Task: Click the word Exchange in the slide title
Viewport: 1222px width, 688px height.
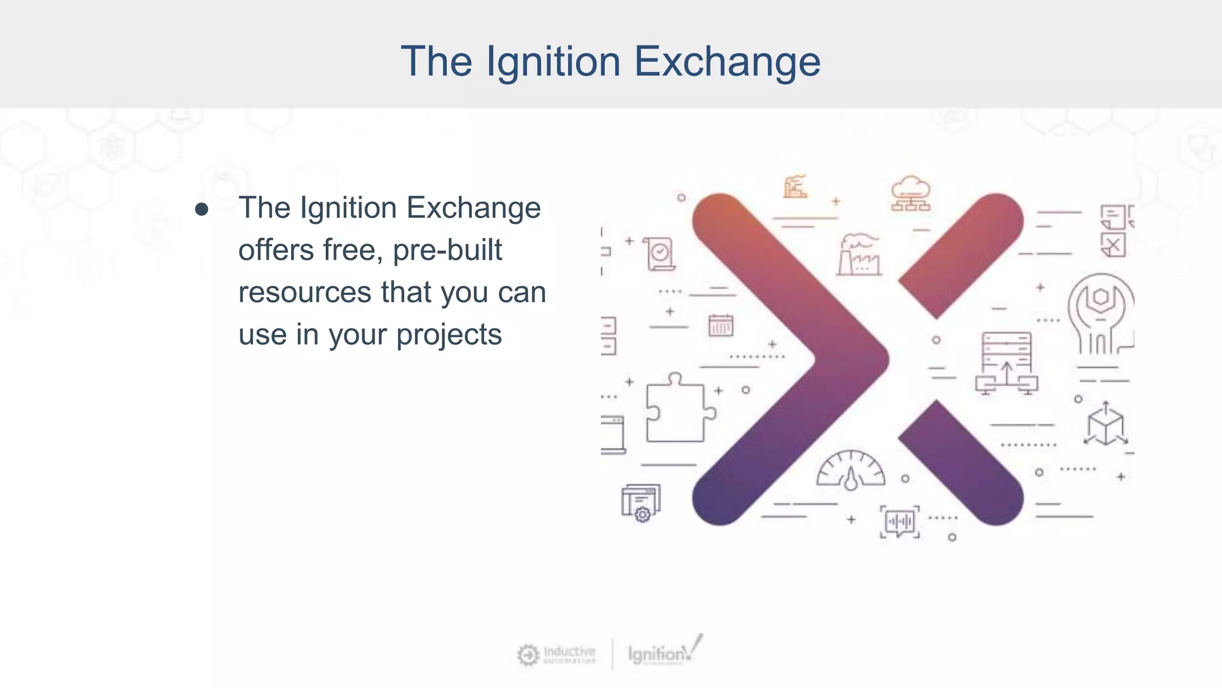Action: [x=727, y=62]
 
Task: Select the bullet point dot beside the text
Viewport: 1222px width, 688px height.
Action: [x=202, y=210]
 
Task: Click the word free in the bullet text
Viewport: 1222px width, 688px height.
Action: [x=352, y=250]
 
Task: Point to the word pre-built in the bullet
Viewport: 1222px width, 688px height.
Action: [x=448, y=250]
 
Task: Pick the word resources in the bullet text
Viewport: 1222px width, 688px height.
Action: [x=305, y=292]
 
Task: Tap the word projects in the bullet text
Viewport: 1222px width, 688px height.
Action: [x=449, y=334]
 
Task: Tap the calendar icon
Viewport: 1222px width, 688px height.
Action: [x=721, y=325]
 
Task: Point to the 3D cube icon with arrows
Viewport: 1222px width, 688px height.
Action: [x=1106, y=425]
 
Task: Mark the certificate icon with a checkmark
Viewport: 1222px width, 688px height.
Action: [x=660, y=254]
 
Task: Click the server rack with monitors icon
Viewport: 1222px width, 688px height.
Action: [x=1007, y=363]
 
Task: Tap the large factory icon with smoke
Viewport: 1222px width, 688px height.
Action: [x=859, y=255]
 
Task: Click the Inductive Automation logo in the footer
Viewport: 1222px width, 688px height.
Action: [x=557, y=655]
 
